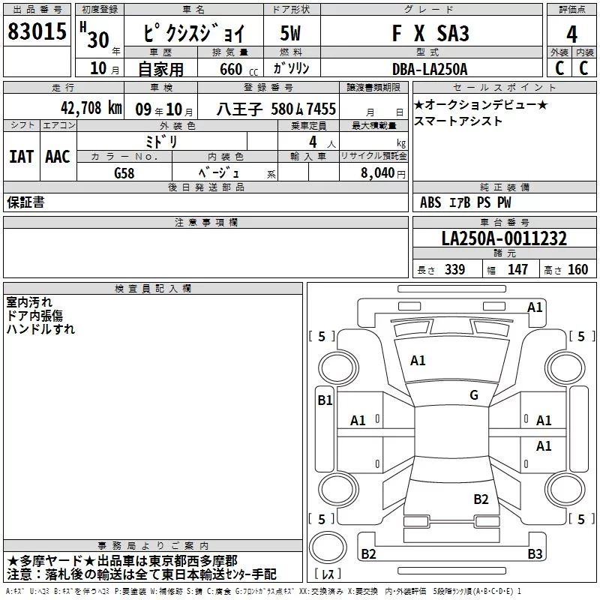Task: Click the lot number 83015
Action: click(37, 31)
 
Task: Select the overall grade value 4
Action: click(571, 34)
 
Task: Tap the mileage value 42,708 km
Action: click(91, 108)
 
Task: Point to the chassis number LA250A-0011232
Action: click(504, 238)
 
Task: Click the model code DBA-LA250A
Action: click(430, 69)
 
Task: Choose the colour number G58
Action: click(124, 173)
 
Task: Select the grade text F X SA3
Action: click(430, 33)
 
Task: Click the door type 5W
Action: click(290, 33)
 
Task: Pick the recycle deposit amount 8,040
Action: click(377, 172)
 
